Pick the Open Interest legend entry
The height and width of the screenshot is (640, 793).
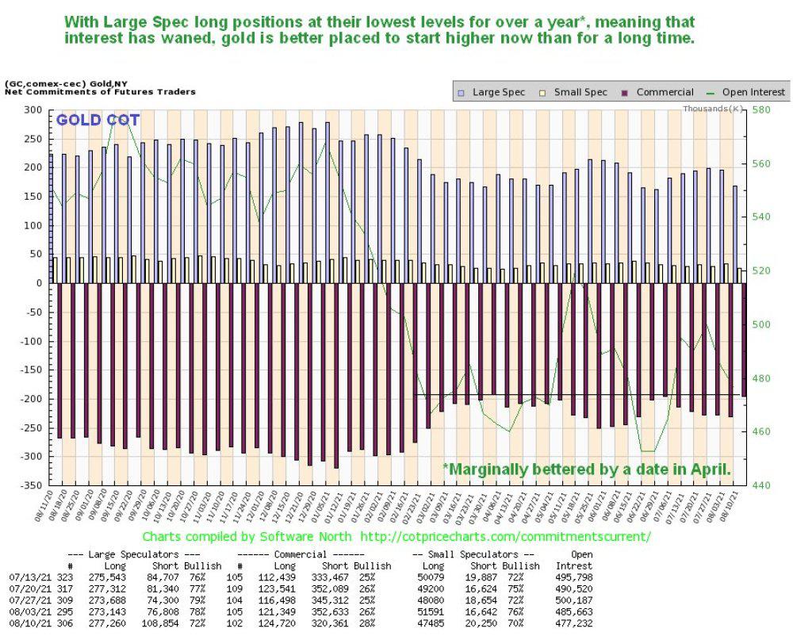click(748, 92)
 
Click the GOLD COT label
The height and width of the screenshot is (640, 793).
click(98, 121)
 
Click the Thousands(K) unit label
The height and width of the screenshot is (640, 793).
click(713, 108)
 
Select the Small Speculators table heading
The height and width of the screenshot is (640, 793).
click(478, 554)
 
